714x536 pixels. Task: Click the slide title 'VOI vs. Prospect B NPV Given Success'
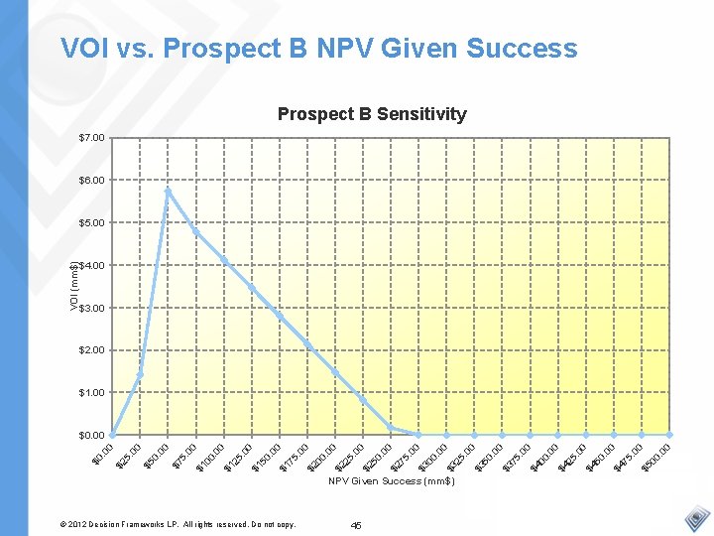point(318,48)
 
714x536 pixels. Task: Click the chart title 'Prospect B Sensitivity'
point(372,114)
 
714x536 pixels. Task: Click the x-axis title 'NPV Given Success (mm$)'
point(392,481)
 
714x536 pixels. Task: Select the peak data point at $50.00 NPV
point(169,190)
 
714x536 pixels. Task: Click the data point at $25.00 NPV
point(140,375)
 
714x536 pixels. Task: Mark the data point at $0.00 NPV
point(112,435)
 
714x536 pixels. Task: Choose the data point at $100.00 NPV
point(224,261)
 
